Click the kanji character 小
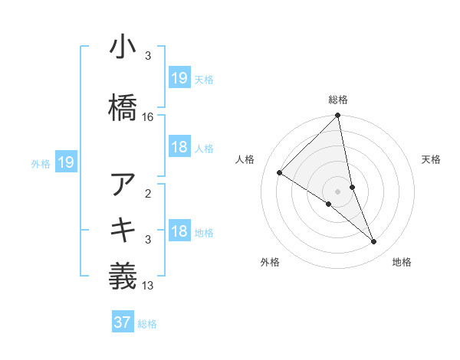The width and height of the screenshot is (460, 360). pos(123,49)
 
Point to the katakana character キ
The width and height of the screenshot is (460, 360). pos(123,229)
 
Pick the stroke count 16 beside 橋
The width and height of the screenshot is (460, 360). pos(148,117)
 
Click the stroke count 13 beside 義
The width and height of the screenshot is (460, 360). pos(148,286)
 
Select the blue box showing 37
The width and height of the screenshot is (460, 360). pos(123,322)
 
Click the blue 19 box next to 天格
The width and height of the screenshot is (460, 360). pos(179,77)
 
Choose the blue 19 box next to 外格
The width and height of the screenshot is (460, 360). pos(66,162)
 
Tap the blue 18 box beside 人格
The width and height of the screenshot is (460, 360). pos(179,147)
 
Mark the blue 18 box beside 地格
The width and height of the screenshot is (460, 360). pos(179,231)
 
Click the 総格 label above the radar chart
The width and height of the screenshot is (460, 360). pos(338,100)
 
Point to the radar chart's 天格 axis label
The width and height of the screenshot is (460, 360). pos(432,159)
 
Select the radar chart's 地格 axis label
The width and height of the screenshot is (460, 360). pos(402,263)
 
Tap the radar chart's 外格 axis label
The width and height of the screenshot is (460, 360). pos(270,263)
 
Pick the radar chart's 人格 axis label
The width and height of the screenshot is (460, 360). pos(245,159)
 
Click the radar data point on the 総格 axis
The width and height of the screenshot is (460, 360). pos(338,116)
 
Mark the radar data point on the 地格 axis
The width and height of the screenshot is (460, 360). pos(374,242)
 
